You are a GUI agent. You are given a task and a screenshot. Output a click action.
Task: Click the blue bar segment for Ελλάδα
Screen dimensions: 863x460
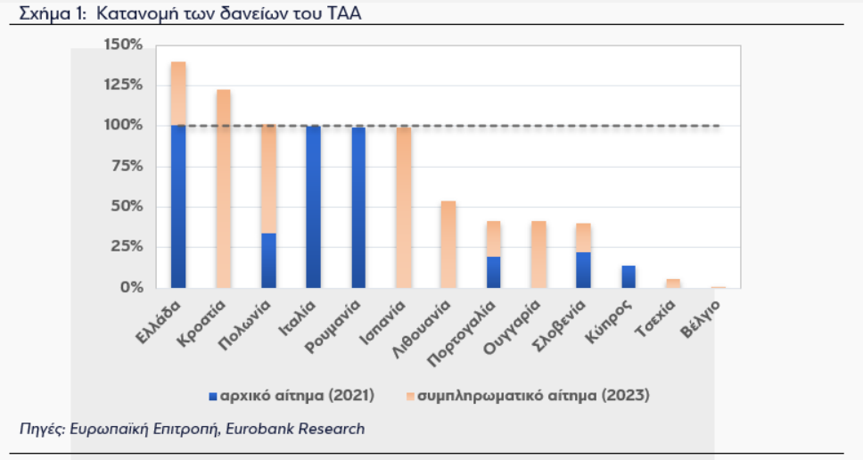pyautogui.click(x=178, y=206)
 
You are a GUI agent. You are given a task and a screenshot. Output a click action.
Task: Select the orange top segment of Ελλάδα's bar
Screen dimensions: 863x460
pyautogui.click(x=178, y=94)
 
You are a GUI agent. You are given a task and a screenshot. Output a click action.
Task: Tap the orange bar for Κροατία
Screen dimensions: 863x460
pyautogui.click(x=224, y=189)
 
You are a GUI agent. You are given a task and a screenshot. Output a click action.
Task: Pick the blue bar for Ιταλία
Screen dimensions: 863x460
pyautogui.click(x=313, y=207)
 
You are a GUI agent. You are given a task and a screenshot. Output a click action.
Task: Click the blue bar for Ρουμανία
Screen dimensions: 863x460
pyautogui.click(x=358, y=208)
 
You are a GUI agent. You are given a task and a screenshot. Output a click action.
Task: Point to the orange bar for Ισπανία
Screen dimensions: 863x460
pyautogui.click(x=404, y=208)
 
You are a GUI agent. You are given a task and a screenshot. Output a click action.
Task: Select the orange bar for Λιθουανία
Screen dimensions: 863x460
pyautogui.click(x=448, y=244)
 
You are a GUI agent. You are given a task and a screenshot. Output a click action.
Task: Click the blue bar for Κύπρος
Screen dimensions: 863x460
pyautogui.click(x=629, y=276)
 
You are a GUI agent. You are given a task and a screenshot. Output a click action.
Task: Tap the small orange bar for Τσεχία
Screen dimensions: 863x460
pyautogui.click(x=673, y=283)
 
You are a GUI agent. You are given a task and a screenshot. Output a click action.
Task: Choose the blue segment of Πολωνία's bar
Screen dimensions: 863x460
pyautogui.click(x=268, y=261)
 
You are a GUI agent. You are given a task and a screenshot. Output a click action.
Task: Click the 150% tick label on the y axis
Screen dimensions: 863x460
pyautogui.click(x=123, y=45)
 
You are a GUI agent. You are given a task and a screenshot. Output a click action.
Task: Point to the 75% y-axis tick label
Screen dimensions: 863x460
pyautogui.click(x=127, y=166)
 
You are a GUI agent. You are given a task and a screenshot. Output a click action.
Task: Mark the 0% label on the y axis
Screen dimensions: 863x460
pyautogui.click(x=131, y=287)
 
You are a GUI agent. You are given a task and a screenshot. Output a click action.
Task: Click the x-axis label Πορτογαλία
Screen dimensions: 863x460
pyautogui.click(x=462, y=333)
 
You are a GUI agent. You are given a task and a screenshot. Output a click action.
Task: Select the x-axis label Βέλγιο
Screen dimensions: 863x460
pyautogui.click(x=700, y=319)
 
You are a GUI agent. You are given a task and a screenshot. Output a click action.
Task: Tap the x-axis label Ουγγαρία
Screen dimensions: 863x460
pyautogui.click(x=512, y=327)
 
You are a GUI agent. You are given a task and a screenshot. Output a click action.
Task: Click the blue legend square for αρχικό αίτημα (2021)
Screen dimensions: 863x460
pyautogui.click(x=213, y=396)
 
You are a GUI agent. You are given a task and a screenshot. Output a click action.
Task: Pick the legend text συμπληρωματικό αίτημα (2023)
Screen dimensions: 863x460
pyautogui.click(x=533, y=396)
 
